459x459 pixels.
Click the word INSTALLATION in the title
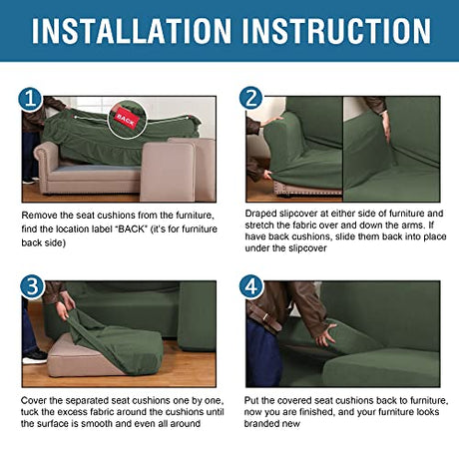click(132, 31)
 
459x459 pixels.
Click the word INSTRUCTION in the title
click(336, 31)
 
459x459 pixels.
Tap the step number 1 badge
click(30, 99)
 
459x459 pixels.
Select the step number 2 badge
click(251, 98)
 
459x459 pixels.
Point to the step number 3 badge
click(32, 286)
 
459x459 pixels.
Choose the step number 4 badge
click(251, 286)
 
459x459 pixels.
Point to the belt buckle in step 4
click(265, 317)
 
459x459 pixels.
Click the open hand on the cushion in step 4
click(325, 335)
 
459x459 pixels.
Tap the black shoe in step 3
click(35, 356)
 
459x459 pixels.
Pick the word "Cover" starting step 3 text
click(33, 400)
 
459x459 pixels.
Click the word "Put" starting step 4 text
click(251, 400)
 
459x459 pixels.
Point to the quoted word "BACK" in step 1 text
click(133, 229)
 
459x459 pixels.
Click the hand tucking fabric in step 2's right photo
click(386, 126)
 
